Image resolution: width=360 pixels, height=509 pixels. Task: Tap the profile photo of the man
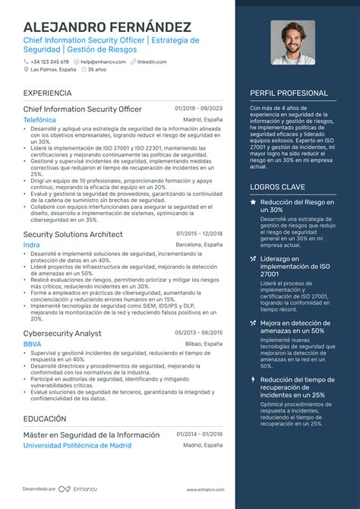click(x=292, y=43)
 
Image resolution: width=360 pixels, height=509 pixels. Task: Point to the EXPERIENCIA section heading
click(x=47, y=93)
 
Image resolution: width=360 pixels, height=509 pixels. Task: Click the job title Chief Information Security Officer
click(x=82, y=109)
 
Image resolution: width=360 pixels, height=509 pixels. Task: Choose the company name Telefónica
click(x=39, y=120)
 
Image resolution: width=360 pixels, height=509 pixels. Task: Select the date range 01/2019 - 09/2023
click(x=198, y=109)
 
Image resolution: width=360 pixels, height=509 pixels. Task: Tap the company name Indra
click(x=31, y=245)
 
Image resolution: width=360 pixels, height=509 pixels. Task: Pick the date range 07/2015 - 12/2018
click(x=199, y=233)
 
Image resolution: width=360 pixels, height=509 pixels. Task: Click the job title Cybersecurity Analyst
click(x=63, y=333)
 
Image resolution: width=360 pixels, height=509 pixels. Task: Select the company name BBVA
click(x=33, y=344)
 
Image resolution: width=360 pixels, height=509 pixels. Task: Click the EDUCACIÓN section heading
click(x=44, y=419)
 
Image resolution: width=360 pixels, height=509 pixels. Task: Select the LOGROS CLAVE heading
click(x=276, y=186)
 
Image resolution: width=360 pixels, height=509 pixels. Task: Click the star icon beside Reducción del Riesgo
click(x=253, y=202)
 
